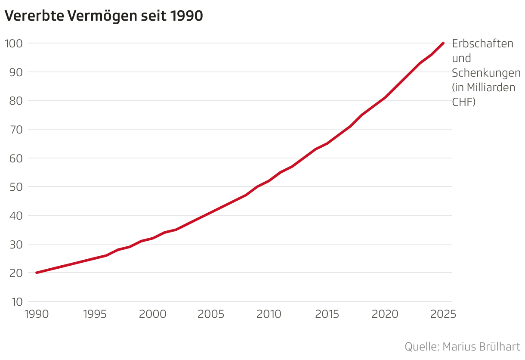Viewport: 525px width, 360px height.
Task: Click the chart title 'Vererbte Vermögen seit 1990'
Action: point(103,16)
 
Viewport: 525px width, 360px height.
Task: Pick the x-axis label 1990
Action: point(37,314)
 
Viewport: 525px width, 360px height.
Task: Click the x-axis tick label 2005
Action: point(211,314)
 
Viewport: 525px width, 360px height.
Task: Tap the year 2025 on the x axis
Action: point(443,314)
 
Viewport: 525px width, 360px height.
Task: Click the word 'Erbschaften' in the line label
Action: point(482,43)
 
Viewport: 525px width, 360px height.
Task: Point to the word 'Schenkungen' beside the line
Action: point(486,73)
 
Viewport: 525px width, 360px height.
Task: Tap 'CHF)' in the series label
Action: point(463,102)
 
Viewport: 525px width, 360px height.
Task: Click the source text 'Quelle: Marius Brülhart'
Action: point(463,347)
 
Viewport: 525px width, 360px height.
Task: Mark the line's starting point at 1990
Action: point(37,273)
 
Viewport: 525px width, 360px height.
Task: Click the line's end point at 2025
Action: point(443,43)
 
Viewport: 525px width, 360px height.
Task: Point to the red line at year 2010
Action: point(269,181)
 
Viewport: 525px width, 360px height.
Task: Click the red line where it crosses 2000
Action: point(153,238)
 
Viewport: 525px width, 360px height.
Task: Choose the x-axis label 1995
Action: point(95,314)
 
